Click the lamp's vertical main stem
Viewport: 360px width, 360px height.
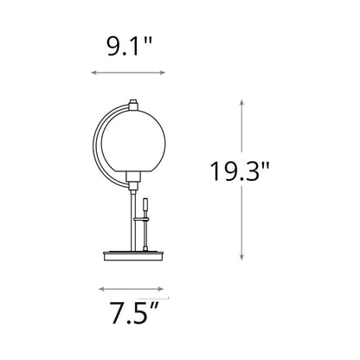tap(132, 216)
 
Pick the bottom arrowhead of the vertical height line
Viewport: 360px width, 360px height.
tap(241, 257)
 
